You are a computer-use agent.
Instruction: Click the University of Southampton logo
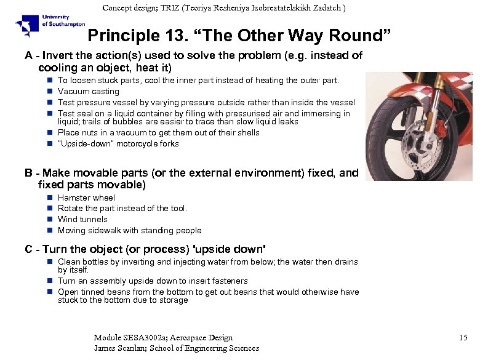coord(42,26)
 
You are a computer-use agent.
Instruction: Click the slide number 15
coord(463,337)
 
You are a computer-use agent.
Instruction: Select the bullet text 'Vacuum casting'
coord(88,91)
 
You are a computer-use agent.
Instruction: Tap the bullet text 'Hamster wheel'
coord(86,198)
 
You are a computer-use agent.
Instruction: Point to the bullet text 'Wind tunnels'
coord(82,219)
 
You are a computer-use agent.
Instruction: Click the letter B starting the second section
coord(28,173)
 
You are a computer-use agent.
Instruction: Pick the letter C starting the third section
coord(28,249)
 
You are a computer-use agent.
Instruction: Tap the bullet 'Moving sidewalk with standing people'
coord(129,230)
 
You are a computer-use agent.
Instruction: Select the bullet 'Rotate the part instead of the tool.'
coord(122,208)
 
